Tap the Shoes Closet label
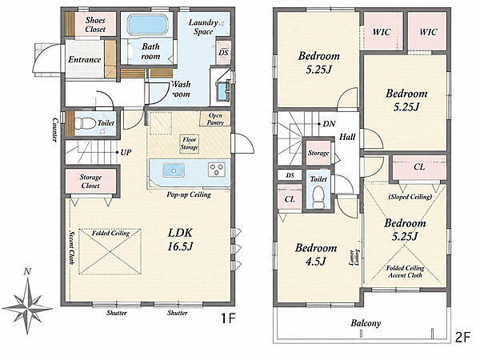coord(95,25)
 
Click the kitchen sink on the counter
coord(174,170)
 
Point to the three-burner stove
coord(217,170)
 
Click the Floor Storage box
coord(189,143)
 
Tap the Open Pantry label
coord(215,118)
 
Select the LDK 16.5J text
coord(180,239)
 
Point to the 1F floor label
coord(228,319)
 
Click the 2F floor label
coord(462,338)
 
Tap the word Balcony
coord(366,323)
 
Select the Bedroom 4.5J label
coord(316,254)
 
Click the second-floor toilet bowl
coord(318,198)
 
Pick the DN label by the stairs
coord(329,124)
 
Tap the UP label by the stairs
coord(126,153)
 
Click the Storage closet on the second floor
coord(318,153)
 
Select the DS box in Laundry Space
coord(223,53)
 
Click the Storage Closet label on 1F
coord(90,182)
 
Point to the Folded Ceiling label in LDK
coord(111,234)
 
